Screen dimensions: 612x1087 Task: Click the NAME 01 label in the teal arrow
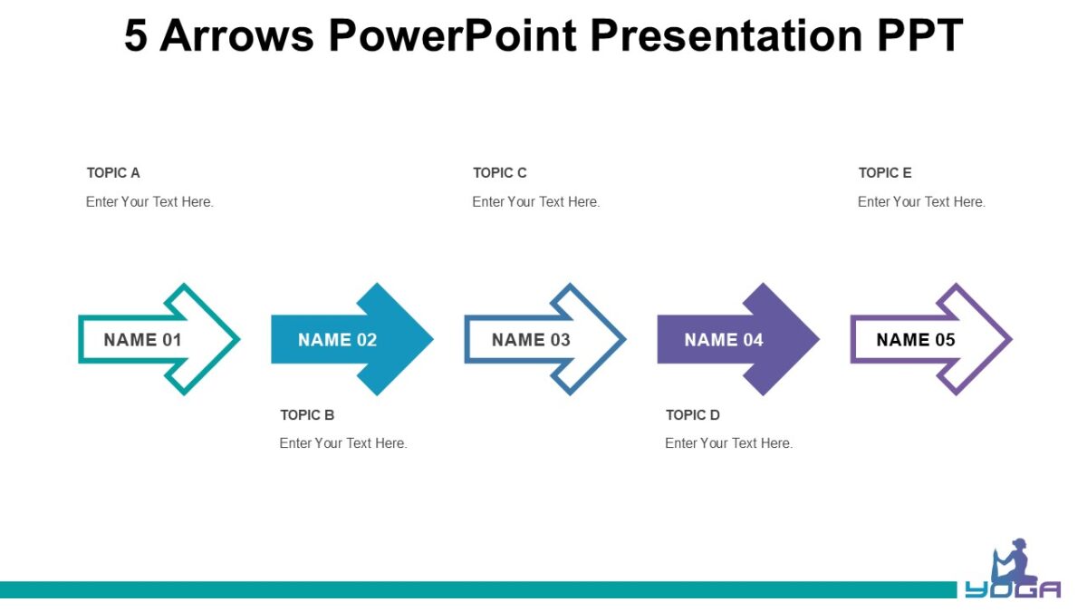pos(142,340)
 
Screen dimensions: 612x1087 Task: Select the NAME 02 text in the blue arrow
pos(337,340)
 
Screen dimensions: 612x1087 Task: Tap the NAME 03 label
pos(531,340)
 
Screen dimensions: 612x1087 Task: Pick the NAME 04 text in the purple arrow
pos(724,340)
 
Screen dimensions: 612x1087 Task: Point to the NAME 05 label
pos(916,340)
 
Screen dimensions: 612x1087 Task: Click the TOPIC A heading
pos(113,173)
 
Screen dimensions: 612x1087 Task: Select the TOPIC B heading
pos(307,415)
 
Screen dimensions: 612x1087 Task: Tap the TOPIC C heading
pos(499,173)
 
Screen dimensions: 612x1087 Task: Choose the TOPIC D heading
pos(692,415)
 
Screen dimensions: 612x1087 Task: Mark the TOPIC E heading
pos(885,173)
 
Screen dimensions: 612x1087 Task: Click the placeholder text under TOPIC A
pos(149,202)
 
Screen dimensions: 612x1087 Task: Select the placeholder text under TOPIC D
pos(728,443)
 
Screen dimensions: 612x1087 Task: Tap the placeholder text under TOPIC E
pos(921,202)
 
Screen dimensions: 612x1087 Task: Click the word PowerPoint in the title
pos(452,36)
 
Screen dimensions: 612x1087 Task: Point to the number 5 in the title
pos(136,36)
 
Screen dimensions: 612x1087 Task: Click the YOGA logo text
pos(1013,589)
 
